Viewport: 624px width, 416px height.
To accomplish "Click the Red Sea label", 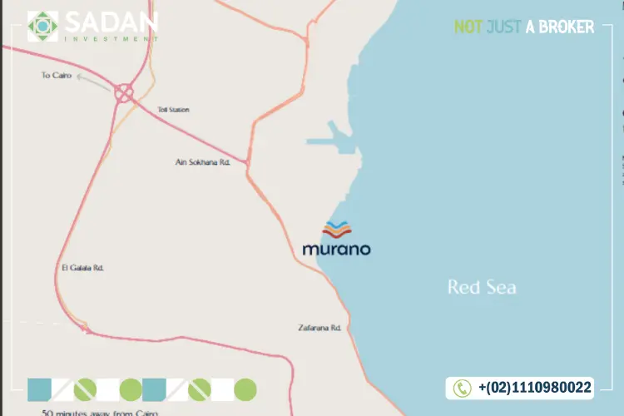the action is click(x=482, y=288).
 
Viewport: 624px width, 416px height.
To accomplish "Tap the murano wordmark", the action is click(x=336, y=248).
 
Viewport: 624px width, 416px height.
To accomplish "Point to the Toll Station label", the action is click(x=173, y=109).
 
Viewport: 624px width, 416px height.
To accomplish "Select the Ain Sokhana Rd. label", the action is click(x=201, y=162).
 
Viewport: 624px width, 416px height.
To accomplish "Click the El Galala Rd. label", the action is click(x=82, y=267).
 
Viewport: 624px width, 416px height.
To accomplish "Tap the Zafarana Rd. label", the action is click(x=320, y=328).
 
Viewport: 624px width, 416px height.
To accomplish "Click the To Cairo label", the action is click(x=57, y=75).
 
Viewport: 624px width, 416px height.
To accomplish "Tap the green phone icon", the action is click(x=462, y=388).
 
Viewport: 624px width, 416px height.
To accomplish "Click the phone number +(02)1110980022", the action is click(x=535, y=388).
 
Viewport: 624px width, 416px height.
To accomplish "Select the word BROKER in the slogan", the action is click(x=569, y=27).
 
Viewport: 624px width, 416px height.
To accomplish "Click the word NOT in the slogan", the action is click(x=468, y=27).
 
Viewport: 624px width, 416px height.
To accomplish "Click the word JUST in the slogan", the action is click(x=504, y=27).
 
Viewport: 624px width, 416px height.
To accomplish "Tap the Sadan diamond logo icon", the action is click(x=43, y=27).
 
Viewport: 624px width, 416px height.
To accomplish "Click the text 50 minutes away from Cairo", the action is click(x=99, y=412).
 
